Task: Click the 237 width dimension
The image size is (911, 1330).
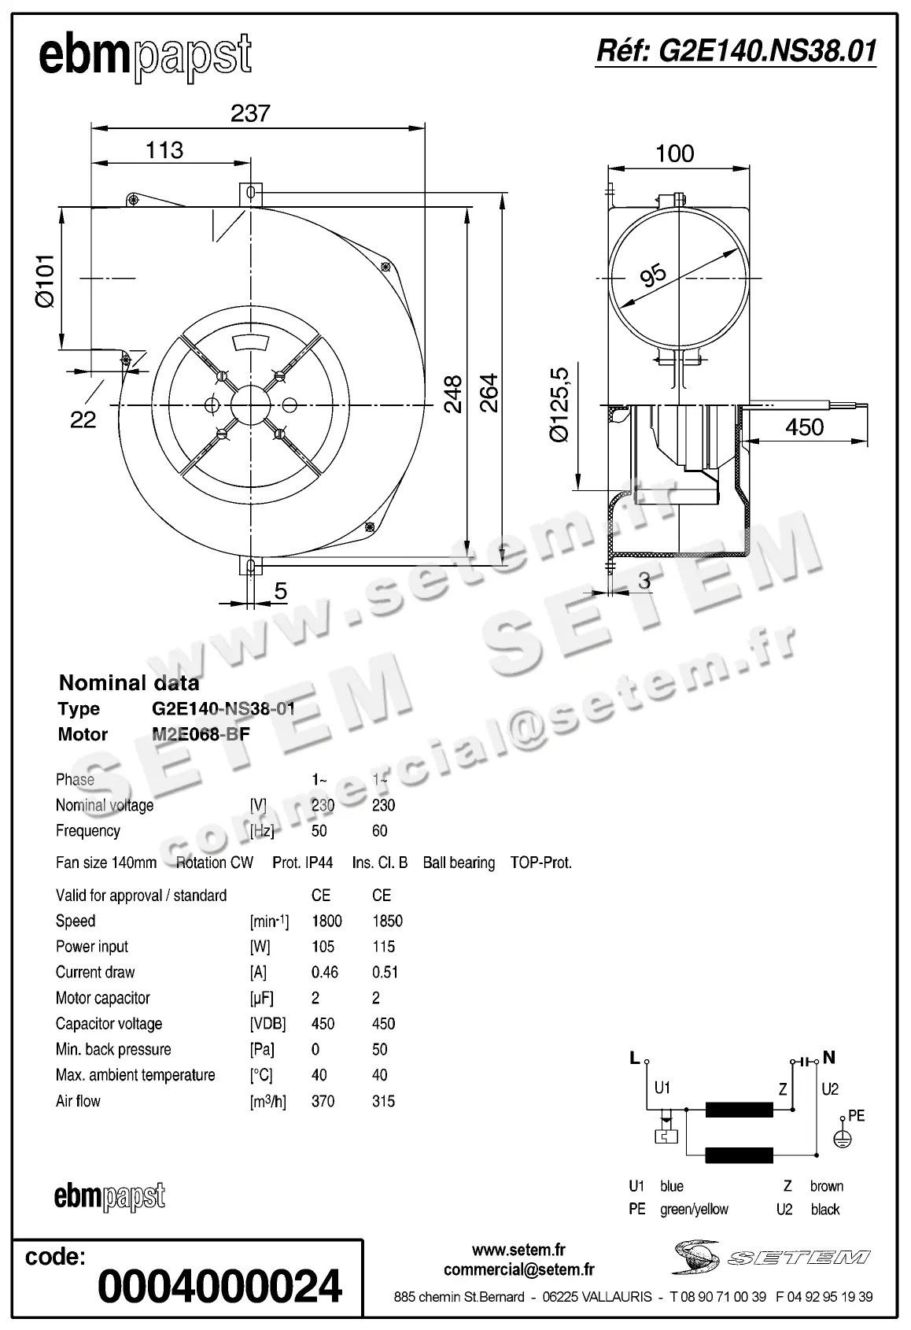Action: (x=250, y=113)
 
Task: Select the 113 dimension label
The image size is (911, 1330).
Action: (x=164, y=150)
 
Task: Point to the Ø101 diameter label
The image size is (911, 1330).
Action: (x=44, y=280)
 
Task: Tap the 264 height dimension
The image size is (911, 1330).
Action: (x=489, y=392)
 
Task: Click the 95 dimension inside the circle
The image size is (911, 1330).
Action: (x=653, y=275)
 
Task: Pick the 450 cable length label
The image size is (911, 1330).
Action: (x=804, y=427)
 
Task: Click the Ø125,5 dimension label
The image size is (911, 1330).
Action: (x=559, y=405)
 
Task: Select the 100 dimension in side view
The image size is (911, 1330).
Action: (x=674, y=153)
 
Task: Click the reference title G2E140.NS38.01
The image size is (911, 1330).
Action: (x=736, y=51)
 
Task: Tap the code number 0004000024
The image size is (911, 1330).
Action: (x=219, y=1286)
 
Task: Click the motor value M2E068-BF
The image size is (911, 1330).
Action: (x=201, y=734)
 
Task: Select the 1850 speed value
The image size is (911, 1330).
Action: (x=387, y=921)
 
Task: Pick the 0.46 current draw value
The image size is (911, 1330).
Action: (x=324, y=972)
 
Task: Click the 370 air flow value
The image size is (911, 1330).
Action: (x=323, y=1101)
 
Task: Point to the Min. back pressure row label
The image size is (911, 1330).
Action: (x=113, y=1049)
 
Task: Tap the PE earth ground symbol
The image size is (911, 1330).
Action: (x=843, y=1137)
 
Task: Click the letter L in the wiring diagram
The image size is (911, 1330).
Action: (x=634, y=1058)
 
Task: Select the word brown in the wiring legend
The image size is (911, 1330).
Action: (x=826, y=1186)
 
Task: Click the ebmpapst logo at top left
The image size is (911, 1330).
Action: (x=146, y=57)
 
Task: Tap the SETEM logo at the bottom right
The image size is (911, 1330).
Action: (x=771, y=1258)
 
